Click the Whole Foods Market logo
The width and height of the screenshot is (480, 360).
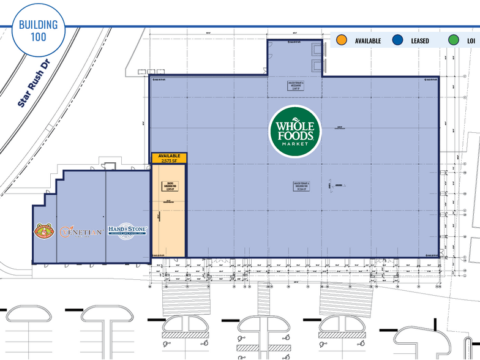pyautogui.click(x=294, y=132)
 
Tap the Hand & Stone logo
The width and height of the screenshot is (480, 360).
pyautogui.click(x=127, y=231)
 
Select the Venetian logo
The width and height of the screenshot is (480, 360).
pyautogui.click(x=81, y=233)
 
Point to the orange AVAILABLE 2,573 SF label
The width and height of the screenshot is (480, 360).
pyautogui.click(x=169, y=159)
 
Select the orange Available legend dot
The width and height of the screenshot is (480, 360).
pyautogui.click(x=342, y=40)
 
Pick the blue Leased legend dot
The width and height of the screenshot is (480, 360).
pyautogui.click(x=399, y=40)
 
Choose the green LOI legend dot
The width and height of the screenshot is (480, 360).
pyautogui.click(x=454, y=40)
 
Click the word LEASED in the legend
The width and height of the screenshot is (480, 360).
pyautogui.click(x=420, y=41)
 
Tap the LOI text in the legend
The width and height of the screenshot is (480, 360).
pyautogui.click(x=471, y=41)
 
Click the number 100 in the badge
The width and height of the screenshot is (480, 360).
pyautogui.click(x=38, y=37)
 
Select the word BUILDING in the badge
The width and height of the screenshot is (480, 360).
pyautogui.click(x=38, y=24)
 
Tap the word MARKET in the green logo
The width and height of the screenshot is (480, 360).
pyautogui.click(x=294, y=144)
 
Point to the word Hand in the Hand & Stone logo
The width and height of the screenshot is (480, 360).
pyautogui.click(x=117, y=229)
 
